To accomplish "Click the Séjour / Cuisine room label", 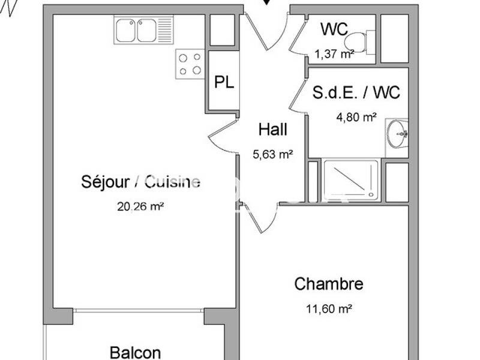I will (140, 182).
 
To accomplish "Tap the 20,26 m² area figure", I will (140, 207).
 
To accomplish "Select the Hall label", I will (272, 129).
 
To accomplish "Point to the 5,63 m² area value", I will (272, 154).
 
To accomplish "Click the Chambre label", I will (329, 284).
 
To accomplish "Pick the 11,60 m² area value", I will (329, 310).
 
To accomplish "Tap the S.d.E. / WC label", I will (356, 93).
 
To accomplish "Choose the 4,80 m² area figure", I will (356, 118).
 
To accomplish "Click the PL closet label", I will (224, 83).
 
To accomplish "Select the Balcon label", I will (135, 352).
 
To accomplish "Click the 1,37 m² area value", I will (334, 53).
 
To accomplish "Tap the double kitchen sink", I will (144, 30).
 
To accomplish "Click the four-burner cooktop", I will (190, 64).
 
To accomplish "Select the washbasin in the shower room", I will (397, 134).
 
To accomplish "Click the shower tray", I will (350, 179).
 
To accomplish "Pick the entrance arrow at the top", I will (267, 2).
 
